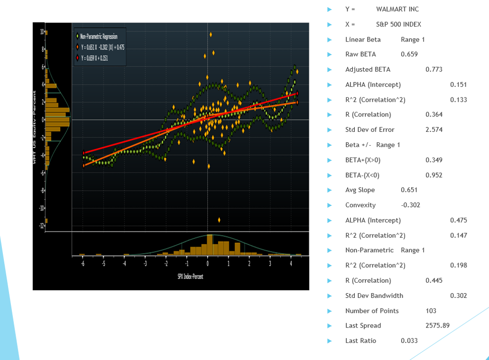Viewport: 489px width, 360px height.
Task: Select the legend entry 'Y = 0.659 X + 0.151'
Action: [x=96, y=58]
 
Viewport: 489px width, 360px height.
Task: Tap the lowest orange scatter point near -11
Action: [x=219, y=220]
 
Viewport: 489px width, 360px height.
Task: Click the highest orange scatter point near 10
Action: [x=211, y=34]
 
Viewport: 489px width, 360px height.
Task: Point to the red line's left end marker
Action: [x=84, y=153]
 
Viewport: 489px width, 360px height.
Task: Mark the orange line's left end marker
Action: [x=84, y=165]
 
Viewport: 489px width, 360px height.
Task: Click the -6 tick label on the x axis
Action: [x=83, y=264]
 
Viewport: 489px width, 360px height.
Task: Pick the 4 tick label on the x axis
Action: [x=291, y=264]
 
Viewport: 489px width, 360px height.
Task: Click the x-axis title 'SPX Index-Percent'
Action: [x=190, y=277]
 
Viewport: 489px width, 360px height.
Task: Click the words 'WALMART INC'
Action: [x=397, y=9]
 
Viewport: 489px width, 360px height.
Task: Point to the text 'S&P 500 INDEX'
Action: [x=398, y=24]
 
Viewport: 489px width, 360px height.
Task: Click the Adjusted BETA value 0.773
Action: [x=434, y=69]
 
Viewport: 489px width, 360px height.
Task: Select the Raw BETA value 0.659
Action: [x=409, y=54]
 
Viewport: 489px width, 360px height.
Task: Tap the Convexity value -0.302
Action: [x=410, y=205]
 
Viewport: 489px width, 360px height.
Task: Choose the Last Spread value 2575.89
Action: [x=437, y=326]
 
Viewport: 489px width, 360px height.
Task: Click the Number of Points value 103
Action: [x=431, y=310]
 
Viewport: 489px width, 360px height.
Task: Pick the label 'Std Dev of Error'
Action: [x=370, y=129]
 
